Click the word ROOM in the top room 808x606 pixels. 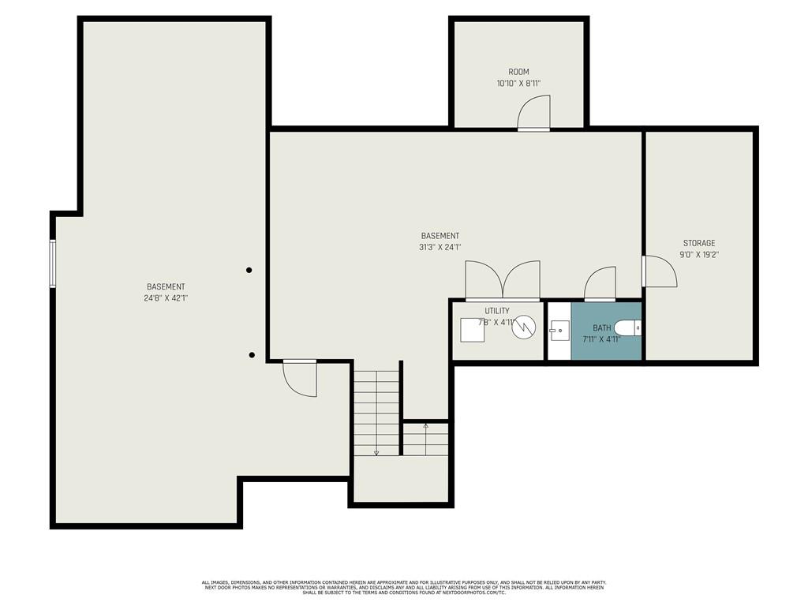pyautogui.click(x=518, y=72)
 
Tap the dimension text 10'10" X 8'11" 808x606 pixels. pyautogui.click(x=518, y=83)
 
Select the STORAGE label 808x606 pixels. pyautogui.click(x=699, y=243)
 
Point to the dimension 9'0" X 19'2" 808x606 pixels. pyautogui.click(x=699, y=255)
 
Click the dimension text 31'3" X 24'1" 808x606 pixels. pyautogui.click(x=440, y=247)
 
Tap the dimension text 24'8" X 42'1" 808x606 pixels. pyautogui.click(x=166, y=298)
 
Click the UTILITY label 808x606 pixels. pyautogui.click(x=497, y=311)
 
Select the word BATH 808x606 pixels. pyautogui.click(x=602, y=327)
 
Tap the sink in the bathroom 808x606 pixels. pyautogui.click(x=559, y=330)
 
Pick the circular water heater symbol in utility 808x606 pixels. pyautogui.click(x=524, y=327)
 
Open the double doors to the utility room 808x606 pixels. pyautogui.click(x=503, y=281)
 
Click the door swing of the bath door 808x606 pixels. pyautogui.click(x=600, y=284)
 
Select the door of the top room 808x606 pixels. pyautogui.click(x=534, y=113)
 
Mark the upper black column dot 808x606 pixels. pyautogui.click(x=249, y=270)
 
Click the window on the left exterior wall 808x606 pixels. pyautogui.click(x=53, y=264)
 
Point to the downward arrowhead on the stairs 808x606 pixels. pyautogui.click(x=376, y=453)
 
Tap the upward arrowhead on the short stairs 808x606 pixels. pyautogui.click(x=426, y=425)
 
